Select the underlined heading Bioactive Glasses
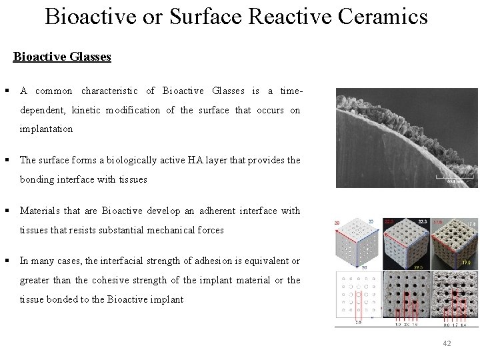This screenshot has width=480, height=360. coord(62,57)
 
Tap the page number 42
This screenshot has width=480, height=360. coord(447,343)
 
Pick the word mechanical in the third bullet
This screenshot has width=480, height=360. coord(181,230)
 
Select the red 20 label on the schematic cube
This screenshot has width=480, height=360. coord(338,223)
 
